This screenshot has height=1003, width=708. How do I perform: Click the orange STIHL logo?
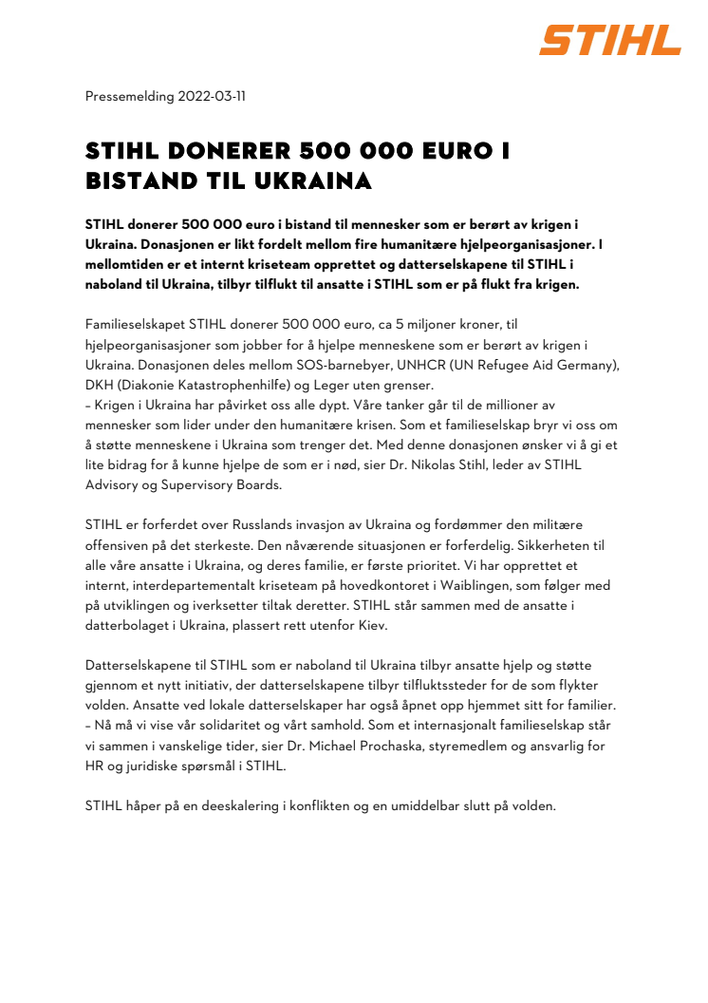610,40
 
